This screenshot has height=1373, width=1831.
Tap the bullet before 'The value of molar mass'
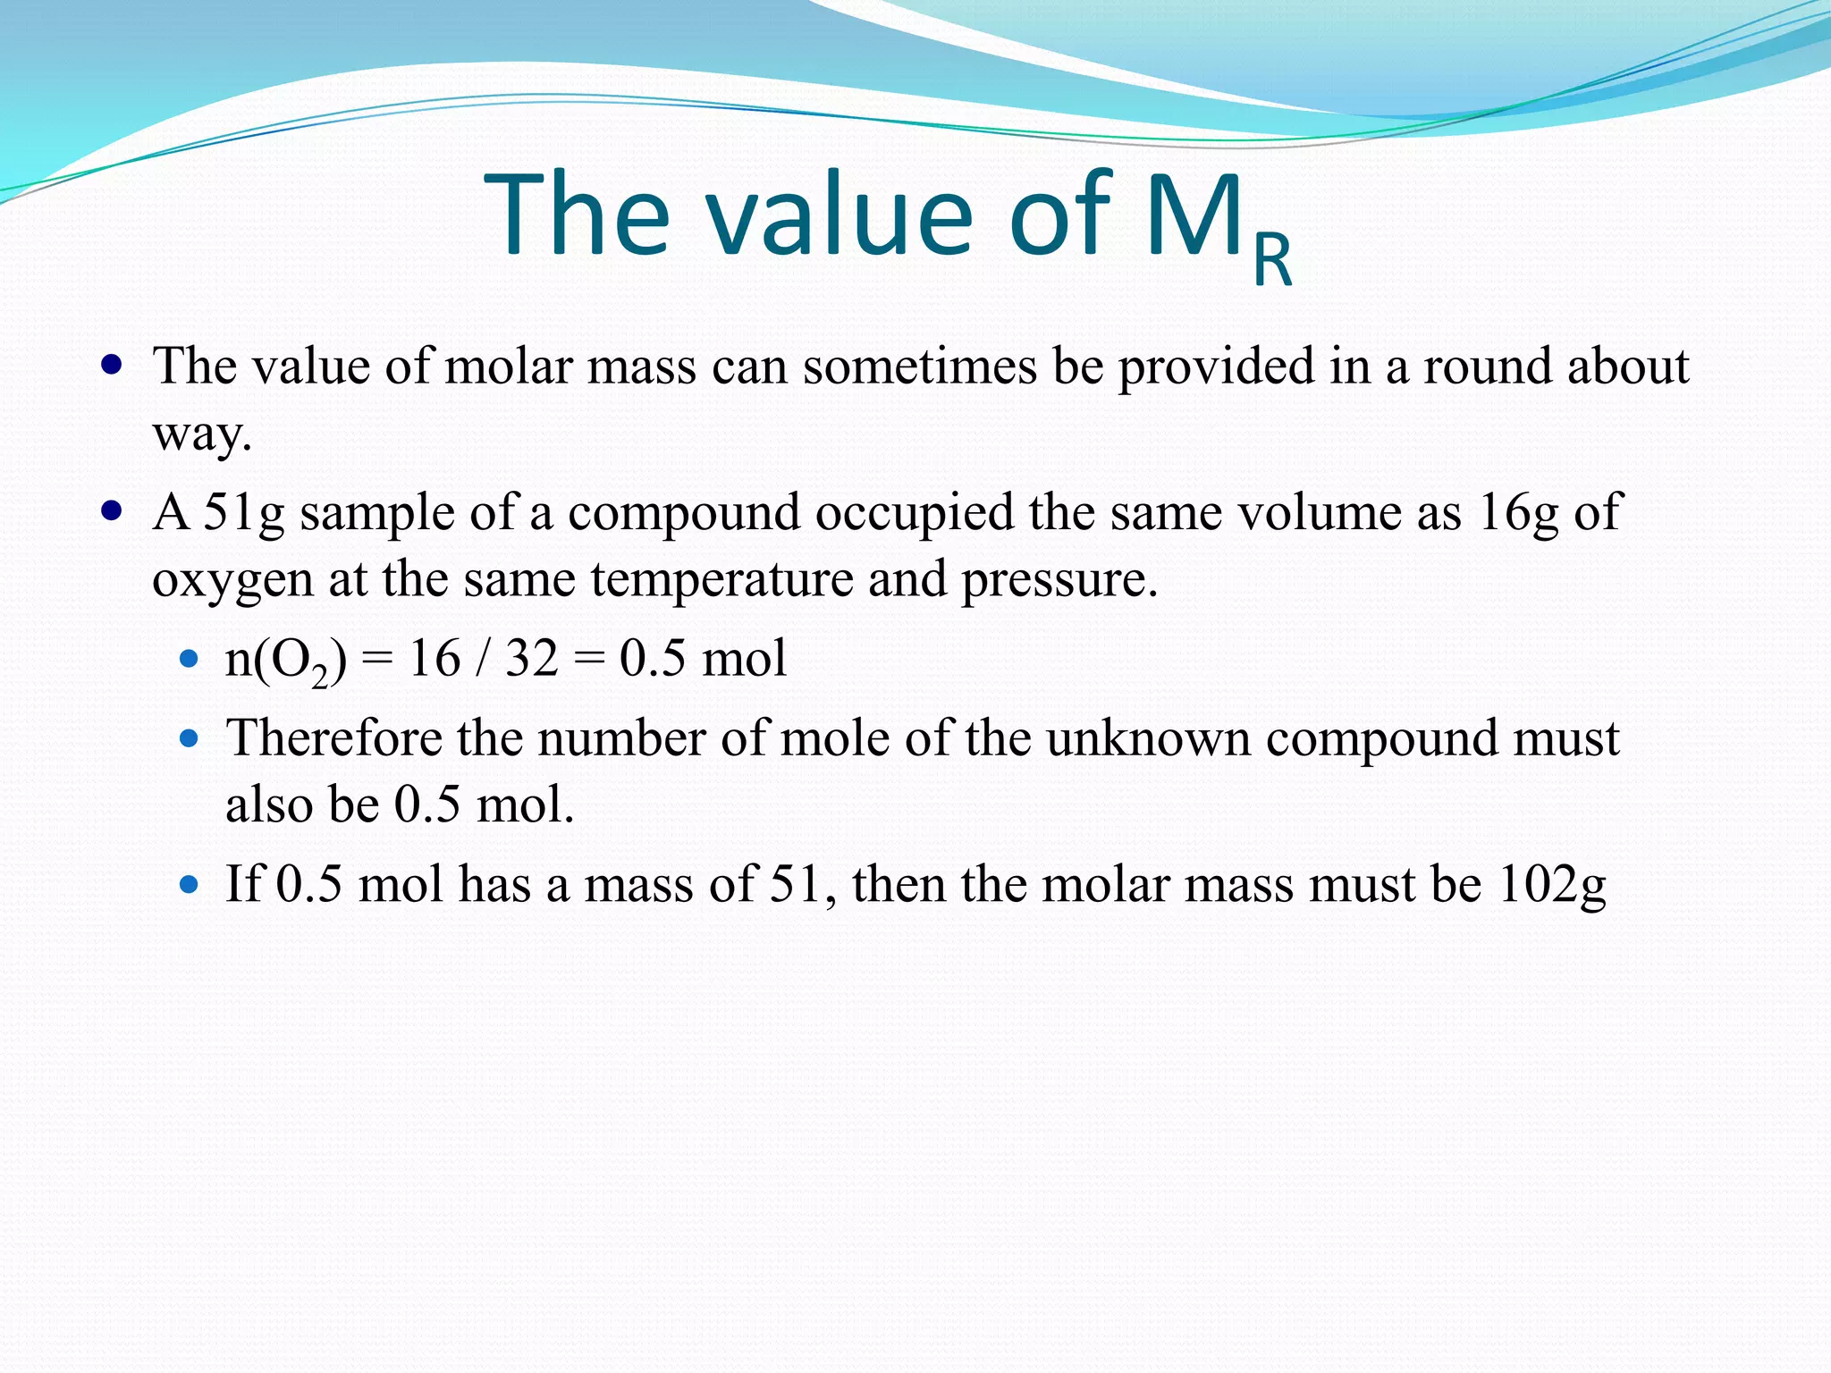tap(112, 366)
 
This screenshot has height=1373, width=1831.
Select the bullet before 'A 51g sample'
tap(112, 512)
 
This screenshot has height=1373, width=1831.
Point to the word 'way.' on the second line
tap(202, 435)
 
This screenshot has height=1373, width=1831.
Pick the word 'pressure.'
tap(1059, 581)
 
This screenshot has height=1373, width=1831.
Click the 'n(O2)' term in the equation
tap(285, 660)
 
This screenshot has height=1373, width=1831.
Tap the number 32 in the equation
tap(532, 659)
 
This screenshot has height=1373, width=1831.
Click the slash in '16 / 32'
tap(483, 660)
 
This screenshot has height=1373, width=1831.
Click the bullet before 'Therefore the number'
tap(188, 739)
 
